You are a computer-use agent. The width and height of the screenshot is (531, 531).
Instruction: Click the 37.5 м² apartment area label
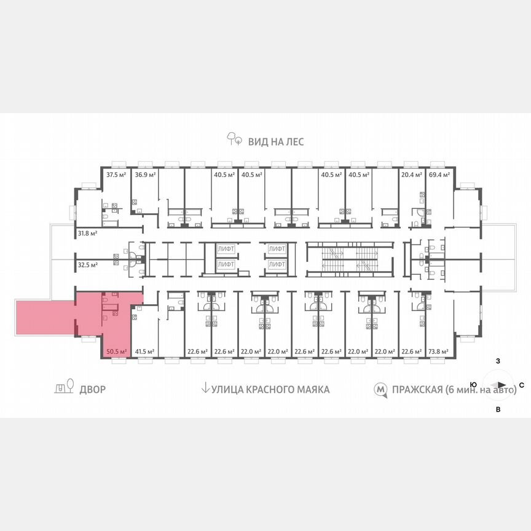(116, 175)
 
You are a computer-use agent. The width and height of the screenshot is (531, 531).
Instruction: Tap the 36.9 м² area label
(146, 175)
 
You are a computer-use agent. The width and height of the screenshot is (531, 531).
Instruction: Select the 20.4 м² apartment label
(412, 175)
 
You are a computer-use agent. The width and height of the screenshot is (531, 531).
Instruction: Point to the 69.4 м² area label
(439, 175)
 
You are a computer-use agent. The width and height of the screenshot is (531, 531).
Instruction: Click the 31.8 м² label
(88, 233)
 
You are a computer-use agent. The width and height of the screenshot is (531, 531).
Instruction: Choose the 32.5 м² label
(88, 265)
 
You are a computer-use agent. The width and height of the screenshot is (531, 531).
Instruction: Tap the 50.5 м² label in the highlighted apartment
(116, 352)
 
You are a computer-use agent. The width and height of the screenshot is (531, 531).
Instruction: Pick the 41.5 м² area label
(146, 352)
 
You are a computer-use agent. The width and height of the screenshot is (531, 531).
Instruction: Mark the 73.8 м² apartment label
(439, 352)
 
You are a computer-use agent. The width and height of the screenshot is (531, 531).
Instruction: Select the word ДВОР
(92, 389)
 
